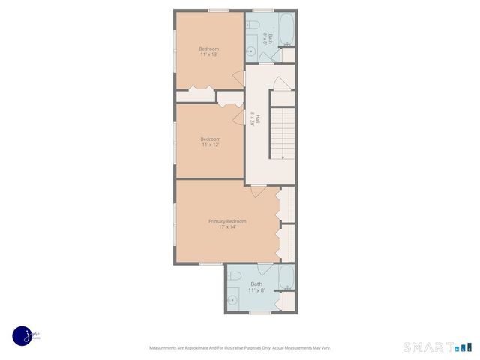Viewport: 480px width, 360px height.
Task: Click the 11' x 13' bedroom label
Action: [209, 52]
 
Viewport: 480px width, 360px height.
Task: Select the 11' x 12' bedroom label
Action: [210, 142]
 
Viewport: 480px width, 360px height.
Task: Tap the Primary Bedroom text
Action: [227, 221]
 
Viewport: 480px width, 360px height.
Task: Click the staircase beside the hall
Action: [283, 132]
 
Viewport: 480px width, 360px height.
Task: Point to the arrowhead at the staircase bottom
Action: [281, 156]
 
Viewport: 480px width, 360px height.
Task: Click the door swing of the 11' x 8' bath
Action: [265, 269]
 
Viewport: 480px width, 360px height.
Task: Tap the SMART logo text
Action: [427, 347]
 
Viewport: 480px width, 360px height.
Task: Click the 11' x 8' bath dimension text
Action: [257, 290]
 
